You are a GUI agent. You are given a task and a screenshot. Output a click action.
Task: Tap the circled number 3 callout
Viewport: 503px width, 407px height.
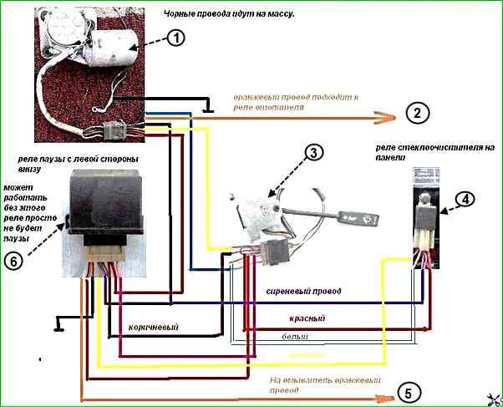(312, 153)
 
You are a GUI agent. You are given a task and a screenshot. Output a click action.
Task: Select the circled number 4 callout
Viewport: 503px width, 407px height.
(465, 199)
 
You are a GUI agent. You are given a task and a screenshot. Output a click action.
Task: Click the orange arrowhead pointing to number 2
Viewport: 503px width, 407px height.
(386, 115)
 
